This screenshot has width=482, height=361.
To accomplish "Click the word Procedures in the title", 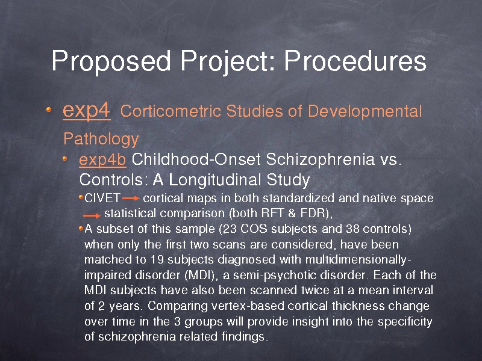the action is [x=355, y=61].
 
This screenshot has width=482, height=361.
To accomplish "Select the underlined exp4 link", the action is [x=86, y=111].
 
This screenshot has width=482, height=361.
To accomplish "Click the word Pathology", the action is [x=101, y=140].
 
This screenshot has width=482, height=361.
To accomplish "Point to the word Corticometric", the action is [x=171, y=111].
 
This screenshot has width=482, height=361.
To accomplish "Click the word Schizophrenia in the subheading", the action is [x=320, y=160].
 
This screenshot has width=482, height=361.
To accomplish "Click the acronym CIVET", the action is [x=102, y=199].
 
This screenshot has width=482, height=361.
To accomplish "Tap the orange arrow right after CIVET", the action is [x=131, y=199].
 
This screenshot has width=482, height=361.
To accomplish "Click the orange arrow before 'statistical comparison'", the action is [x=92, y=215].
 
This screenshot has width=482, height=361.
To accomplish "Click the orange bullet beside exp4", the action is [x=49, y=110].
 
